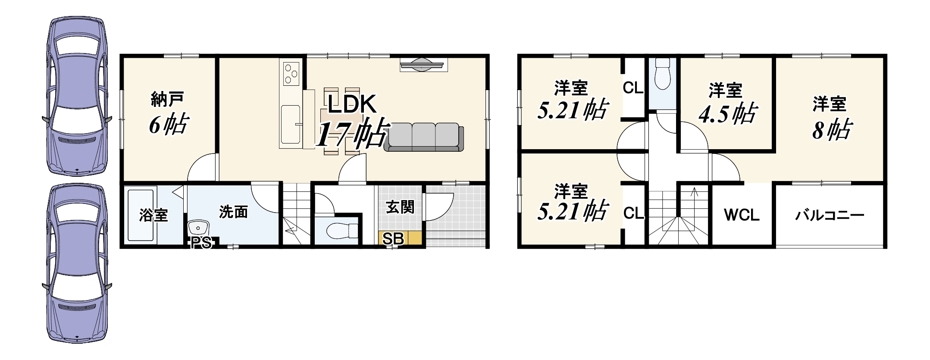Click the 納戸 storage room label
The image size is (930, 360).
pyautogui.click(x=168, y=99)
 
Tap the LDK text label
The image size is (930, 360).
pyautogui.click(x=352, y=104)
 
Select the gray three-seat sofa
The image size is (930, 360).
pyautogui.click(x=424, y=137)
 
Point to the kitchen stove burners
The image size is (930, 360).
pyautogui.click(x=291, y=74)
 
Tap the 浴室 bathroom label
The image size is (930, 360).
pyautogui.click(x=153, y=215)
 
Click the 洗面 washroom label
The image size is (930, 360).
pyautogui.click(x=234, y=212)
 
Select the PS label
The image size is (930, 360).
pyautogui.click(x=201, y=243)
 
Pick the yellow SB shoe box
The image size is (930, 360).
pyautogui.click(x=400, y=238)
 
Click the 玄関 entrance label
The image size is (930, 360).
pyautogui.click(x=400, y=207)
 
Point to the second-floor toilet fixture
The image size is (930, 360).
pyautogui.click(x=662, y=73)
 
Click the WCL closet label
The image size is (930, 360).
pyautogui.click(x=742, y=215)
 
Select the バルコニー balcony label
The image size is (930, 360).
pyautogui.click(x=830, y=215)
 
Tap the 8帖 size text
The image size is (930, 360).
pyautogui.click(x=832, y=129)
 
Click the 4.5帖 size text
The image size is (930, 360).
pyautogui.click(x=728, y=114)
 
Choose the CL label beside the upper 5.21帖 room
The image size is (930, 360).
pyautogui.click(x=633, y=88)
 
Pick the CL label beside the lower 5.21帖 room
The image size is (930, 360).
pyautogui.click(x=633, y=213)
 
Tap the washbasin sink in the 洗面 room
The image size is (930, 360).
pyautogui.click(x=198, y=227)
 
